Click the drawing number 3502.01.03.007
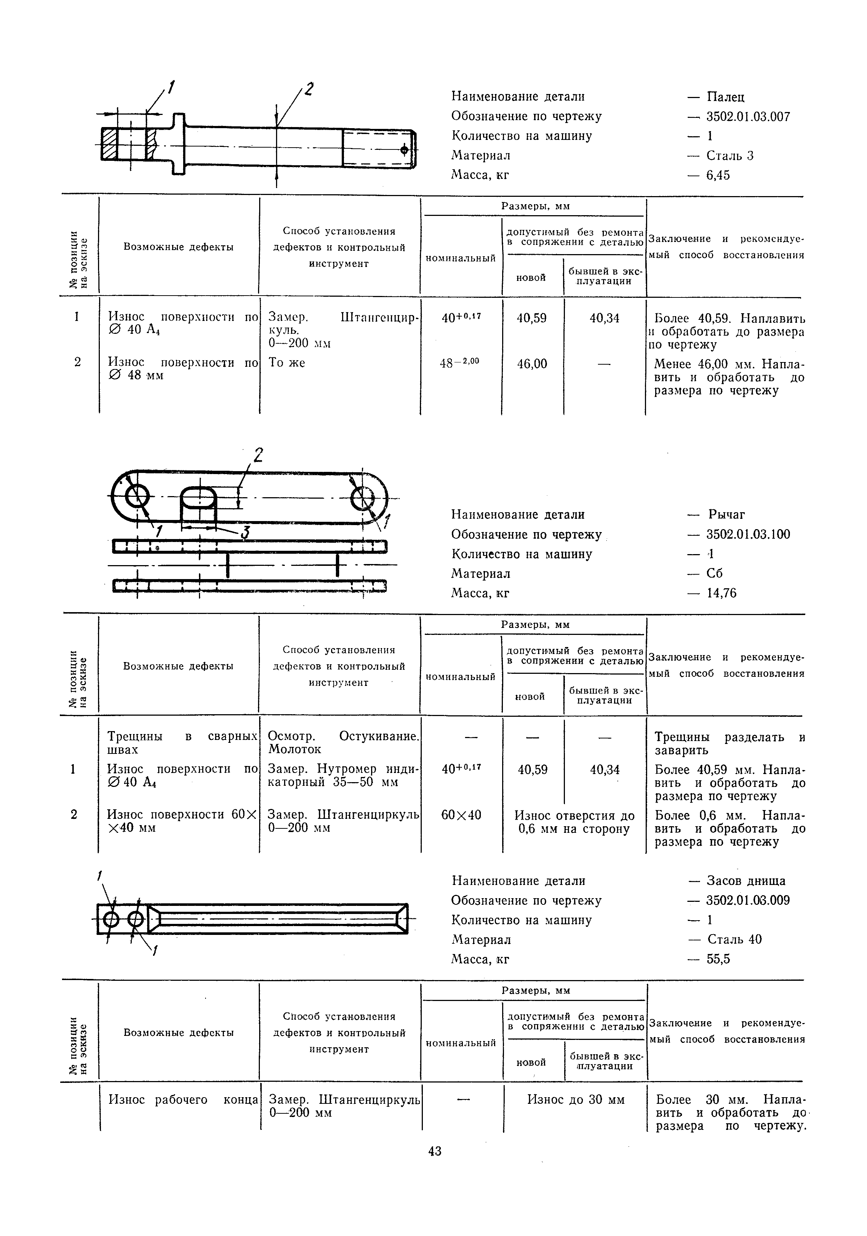point(748,117)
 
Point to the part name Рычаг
point(726,515)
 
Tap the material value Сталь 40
point(734,939)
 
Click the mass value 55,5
point(718,959)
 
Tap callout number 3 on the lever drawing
point(245,532)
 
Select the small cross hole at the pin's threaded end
point(404,150)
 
